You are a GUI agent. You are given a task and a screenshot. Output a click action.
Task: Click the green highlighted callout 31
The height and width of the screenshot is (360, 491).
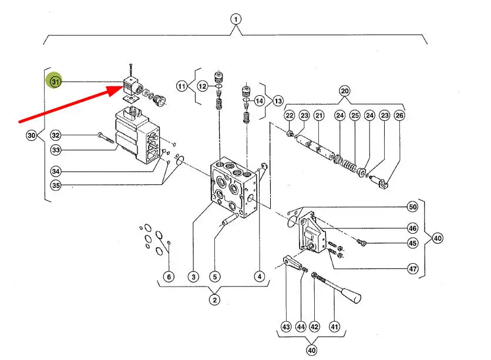point(55,82)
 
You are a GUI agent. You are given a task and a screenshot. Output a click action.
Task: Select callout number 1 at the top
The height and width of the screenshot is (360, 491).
point(236,19)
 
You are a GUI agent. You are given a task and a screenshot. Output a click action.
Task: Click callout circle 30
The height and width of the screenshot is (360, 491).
point(32,136)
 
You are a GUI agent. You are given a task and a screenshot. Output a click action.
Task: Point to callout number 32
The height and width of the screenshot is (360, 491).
point(56,134)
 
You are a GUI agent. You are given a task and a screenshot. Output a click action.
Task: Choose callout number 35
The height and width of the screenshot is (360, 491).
point(56,186)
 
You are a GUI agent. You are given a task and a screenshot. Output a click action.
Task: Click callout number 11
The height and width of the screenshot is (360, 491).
point(181,86)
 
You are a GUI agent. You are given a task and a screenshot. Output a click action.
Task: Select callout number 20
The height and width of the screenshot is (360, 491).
point(345,91)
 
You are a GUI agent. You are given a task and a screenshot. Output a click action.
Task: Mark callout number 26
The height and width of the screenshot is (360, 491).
point(400,116)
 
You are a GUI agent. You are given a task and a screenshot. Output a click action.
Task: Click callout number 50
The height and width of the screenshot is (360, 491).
point(412,207)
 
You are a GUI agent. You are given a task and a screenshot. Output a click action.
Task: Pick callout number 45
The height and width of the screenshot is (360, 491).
point(412,244)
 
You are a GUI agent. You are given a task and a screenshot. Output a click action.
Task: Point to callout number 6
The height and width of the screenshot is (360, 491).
point(169,277)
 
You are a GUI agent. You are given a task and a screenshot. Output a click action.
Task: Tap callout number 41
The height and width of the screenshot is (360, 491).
point(334,327)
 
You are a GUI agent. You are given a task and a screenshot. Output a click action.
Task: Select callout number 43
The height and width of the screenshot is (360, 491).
point(286,327)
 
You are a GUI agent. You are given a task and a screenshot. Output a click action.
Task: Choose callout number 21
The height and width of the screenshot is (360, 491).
point(319,116)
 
